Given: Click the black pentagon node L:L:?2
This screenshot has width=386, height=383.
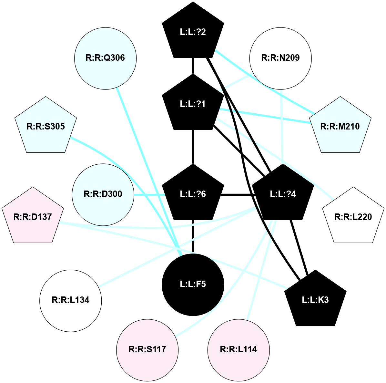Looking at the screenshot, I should point(193,32).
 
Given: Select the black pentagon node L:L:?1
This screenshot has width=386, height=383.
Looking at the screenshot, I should point(193,104).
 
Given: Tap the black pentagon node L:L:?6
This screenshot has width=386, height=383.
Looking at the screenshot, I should point(193,194).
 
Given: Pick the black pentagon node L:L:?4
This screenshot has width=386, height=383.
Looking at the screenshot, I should point(283,194).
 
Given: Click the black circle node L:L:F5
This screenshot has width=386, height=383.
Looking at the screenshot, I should point(193,284).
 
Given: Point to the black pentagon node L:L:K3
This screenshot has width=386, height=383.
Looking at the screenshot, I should point(315,300).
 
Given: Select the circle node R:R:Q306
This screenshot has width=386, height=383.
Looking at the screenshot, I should point(105,58).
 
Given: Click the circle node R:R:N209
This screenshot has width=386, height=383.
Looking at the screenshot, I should point(280,58).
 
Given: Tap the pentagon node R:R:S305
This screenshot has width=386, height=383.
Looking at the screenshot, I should point(46,126).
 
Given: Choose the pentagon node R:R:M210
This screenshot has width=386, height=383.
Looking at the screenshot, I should point(340,126).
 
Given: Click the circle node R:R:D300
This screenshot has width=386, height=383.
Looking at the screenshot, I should point(103,194).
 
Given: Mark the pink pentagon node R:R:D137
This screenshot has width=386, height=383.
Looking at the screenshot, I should point(33,217).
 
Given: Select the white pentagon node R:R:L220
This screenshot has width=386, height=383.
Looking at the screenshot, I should point(353,217).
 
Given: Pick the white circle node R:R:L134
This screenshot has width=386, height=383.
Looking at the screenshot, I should point(71,300).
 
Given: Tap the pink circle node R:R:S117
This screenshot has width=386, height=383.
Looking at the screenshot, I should point(147,349).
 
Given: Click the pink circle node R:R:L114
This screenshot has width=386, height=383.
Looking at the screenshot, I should point(239,349).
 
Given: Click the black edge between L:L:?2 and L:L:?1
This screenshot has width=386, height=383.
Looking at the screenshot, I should point(193,66).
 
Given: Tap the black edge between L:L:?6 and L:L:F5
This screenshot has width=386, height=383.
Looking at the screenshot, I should point(193,236).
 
